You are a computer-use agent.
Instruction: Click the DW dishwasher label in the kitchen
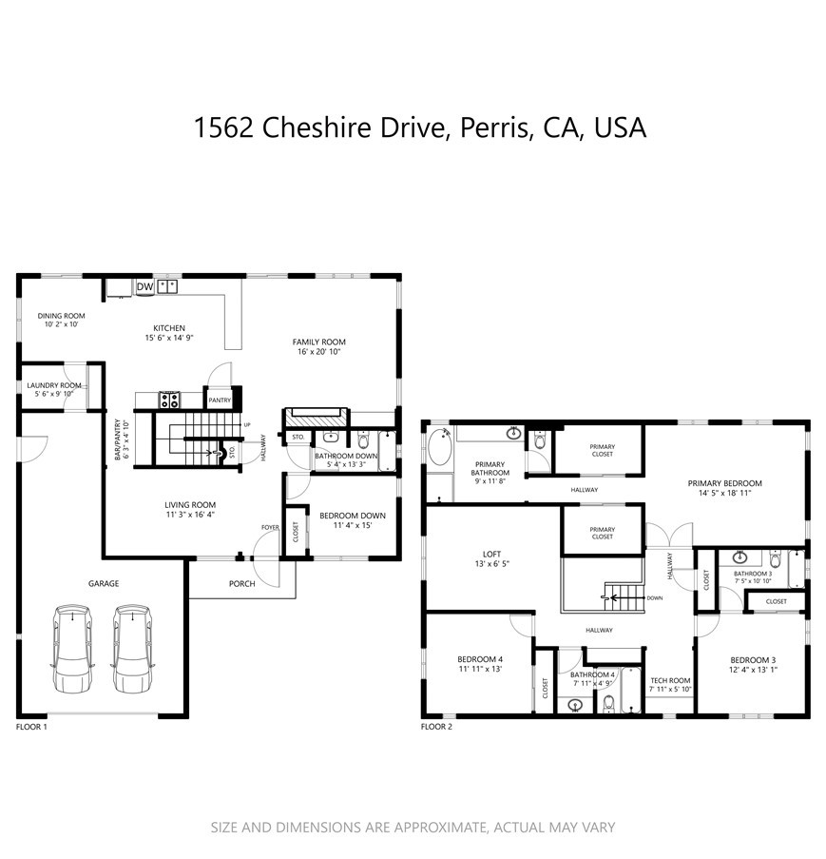coord(144,286)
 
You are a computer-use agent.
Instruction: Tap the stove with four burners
coord(169,400)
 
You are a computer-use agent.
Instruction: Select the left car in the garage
coord(71,646)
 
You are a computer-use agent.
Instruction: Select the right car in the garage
coord(132,646)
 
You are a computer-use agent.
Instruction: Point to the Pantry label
coord(220,400)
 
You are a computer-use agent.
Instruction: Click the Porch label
coord(242,583)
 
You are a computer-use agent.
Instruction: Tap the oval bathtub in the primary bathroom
coord(440,449)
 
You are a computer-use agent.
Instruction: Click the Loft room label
coord(491,553)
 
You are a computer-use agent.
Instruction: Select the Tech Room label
coord(669,680)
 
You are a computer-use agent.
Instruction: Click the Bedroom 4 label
coord(480,659)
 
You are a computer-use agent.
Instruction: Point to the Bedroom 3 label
coord(753,660)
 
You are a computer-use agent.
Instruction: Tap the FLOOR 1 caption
coord(31,727)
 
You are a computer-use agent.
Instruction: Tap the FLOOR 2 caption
coord(436,727)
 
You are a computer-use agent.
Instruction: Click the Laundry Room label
coord(54,385)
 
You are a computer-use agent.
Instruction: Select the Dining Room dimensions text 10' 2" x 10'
coord(61,324)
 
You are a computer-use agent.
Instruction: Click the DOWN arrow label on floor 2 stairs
coord(654,598)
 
